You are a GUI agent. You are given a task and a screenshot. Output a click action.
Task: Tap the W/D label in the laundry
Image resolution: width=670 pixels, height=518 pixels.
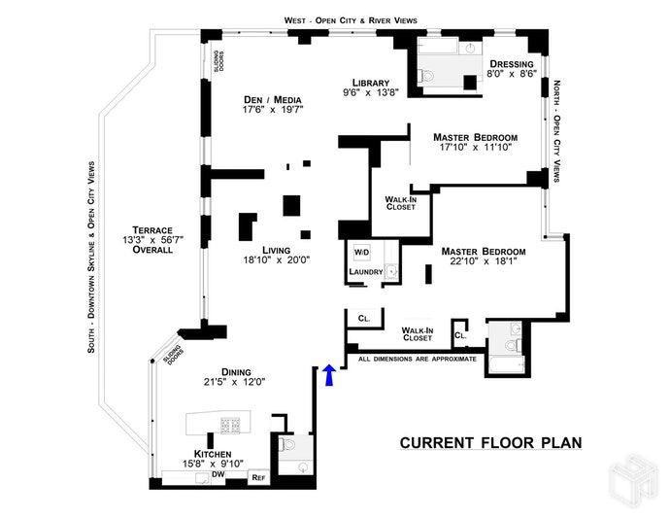tap(361, 253)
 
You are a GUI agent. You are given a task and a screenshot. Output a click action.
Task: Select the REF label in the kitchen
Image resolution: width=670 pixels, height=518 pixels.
tap(258, 477)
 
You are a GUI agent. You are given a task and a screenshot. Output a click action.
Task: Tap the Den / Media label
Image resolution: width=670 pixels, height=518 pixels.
tap(271, 99)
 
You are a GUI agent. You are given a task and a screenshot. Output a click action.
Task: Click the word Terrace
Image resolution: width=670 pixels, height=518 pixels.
tap(147, 228)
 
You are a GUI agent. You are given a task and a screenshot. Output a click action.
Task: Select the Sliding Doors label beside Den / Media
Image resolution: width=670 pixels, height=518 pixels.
tap(220, 61)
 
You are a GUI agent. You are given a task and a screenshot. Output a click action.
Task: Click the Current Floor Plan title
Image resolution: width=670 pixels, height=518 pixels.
tap(490, 442)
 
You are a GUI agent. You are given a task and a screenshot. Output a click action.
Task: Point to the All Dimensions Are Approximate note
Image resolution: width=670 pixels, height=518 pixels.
tap(418, 359)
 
